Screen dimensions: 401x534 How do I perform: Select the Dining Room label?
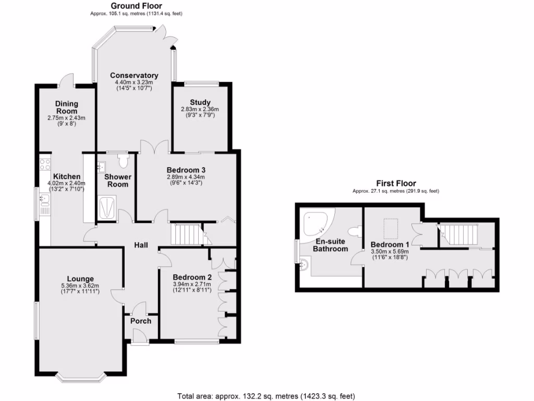(x=66, y=108)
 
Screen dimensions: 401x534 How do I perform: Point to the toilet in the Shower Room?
(x=123, y=160)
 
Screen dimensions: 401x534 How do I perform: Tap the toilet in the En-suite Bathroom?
(x=356, y=232)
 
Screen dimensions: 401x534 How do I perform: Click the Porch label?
(x=141, y=321)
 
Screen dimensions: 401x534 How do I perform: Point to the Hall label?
(x=141, y=245)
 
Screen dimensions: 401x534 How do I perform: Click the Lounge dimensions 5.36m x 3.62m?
(x=80, y=285)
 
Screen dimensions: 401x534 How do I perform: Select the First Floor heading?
(x=396, y=183)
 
